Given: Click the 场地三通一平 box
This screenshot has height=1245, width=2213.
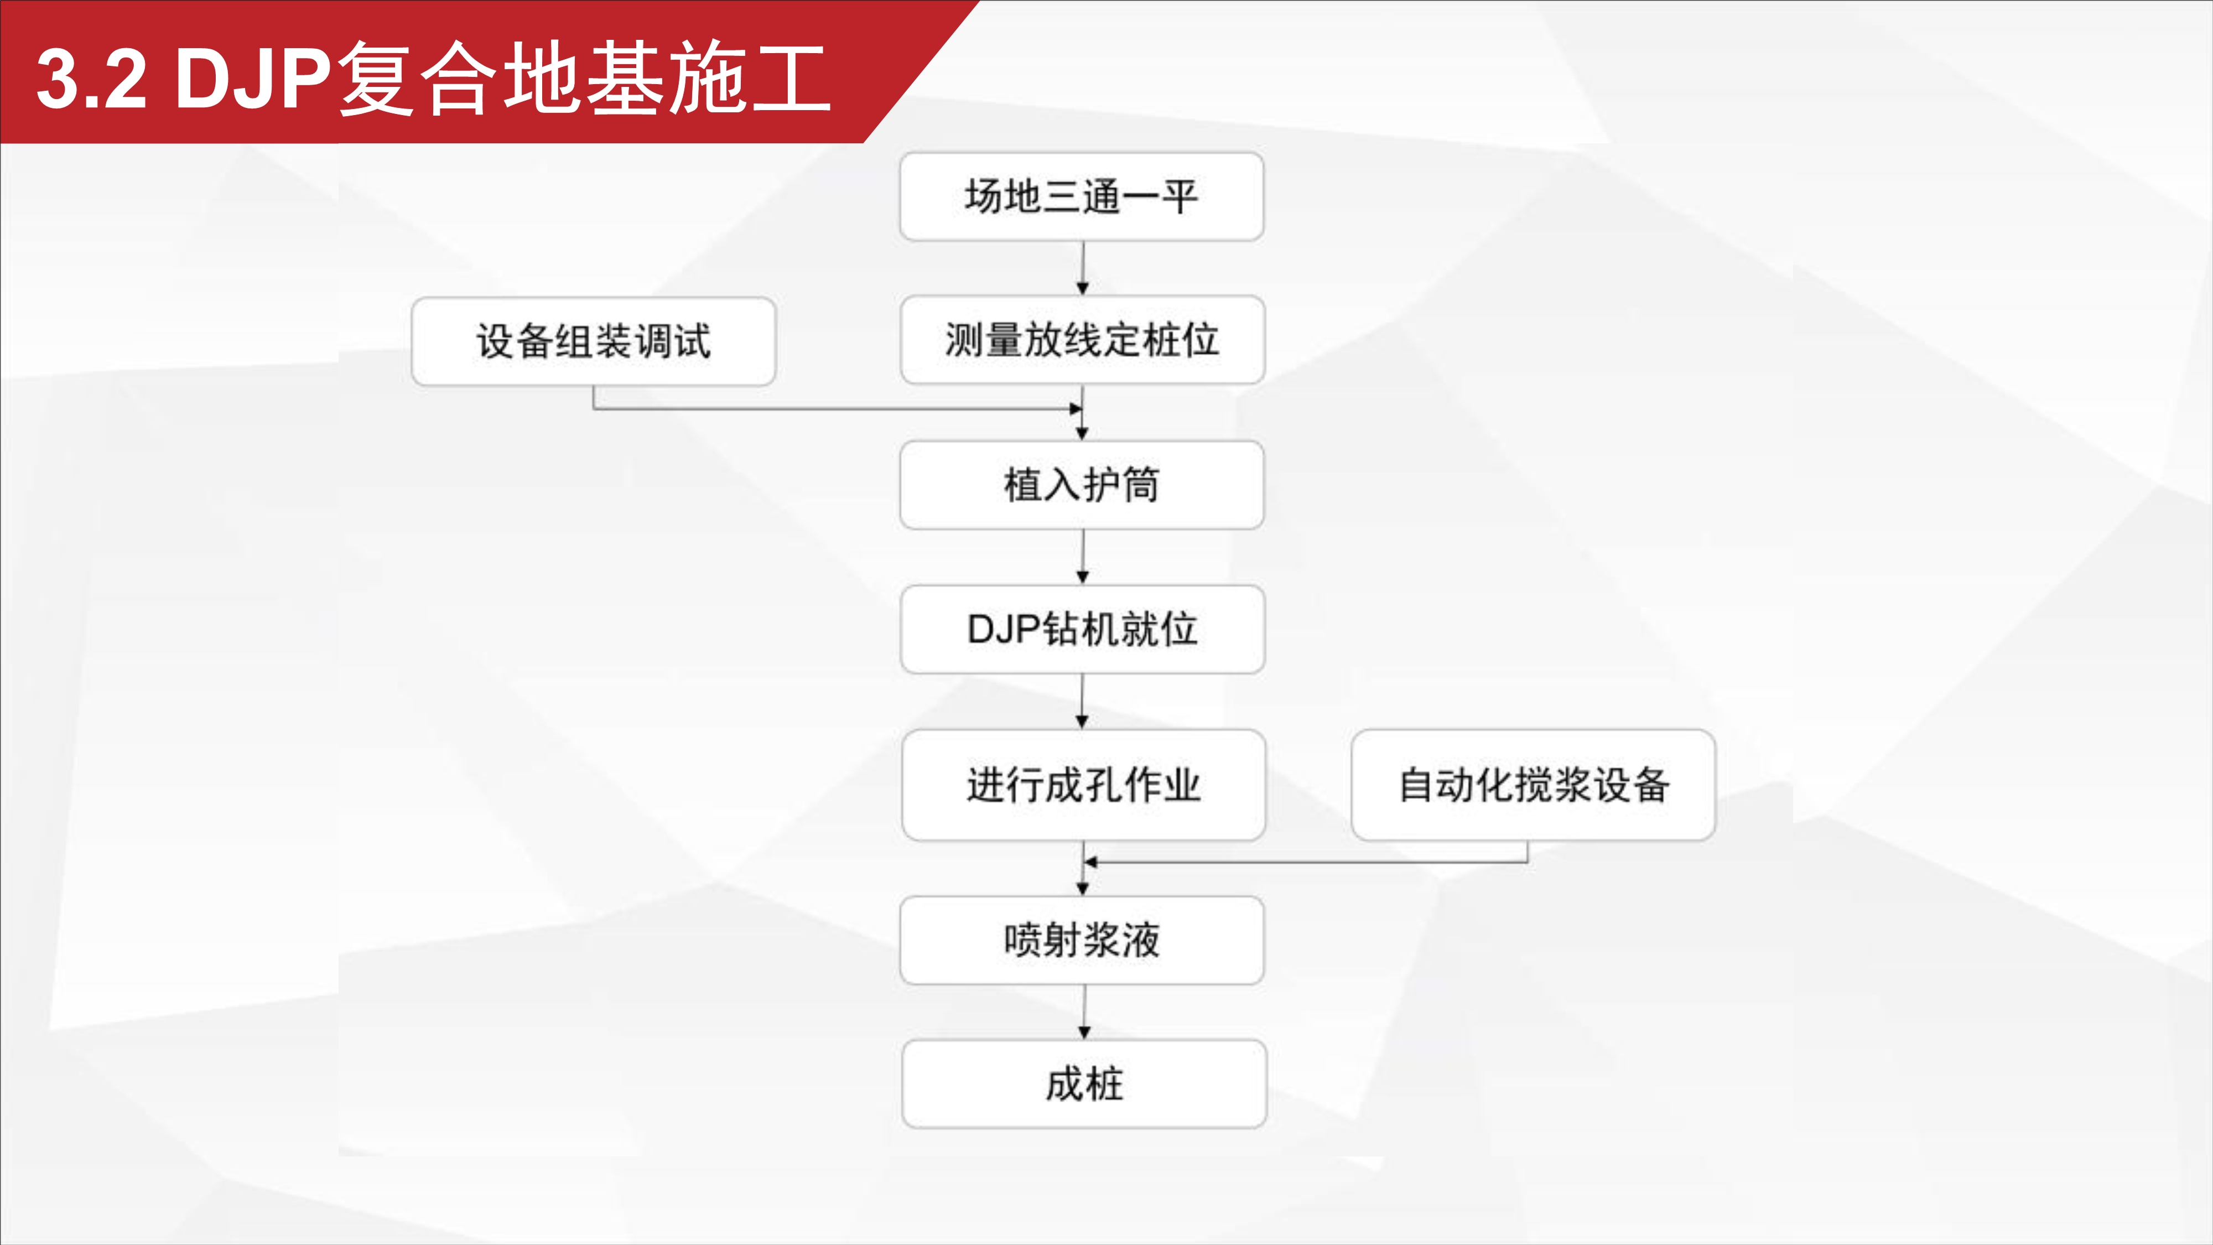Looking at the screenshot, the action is [1082, 197].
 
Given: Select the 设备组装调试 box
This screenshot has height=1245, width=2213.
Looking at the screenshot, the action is [594, 341].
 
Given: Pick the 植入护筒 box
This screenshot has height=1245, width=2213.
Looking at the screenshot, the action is [1082, 485].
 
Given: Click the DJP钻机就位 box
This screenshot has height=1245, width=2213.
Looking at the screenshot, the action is [1083, 630].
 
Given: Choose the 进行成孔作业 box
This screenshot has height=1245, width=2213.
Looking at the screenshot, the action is [1083, 785].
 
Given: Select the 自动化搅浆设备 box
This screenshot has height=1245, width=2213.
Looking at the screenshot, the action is [1534, 785].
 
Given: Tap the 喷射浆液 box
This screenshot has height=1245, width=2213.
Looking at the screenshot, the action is [1082, 941].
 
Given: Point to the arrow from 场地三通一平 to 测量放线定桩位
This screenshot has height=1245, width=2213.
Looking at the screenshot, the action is [1083, 268].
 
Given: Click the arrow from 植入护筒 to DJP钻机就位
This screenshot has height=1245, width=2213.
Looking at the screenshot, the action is [1083, 557].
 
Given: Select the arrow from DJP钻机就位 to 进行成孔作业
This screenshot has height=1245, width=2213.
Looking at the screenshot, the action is [1083, 701].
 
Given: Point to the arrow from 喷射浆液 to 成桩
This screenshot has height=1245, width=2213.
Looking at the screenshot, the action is [1084, 1012].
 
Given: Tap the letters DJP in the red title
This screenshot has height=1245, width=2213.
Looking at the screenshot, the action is [253, 79].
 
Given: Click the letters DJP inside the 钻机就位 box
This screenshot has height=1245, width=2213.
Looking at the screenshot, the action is [1004, 630].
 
